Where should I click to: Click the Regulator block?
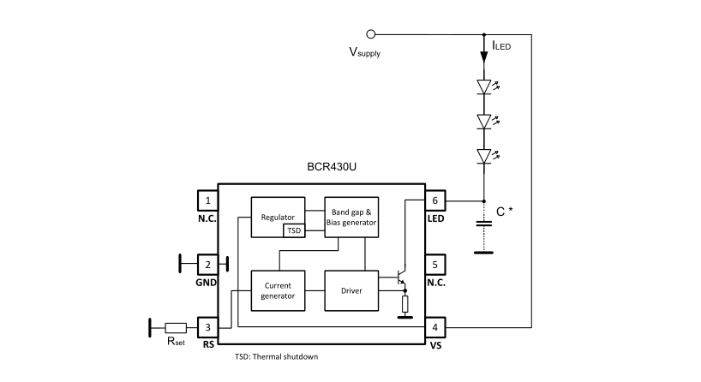point(278,218)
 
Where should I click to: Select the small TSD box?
point(294,230)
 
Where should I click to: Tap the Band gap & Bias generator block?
point(351,218)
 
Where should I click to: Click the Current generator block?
point(278,290)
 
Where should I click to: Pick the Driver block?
point(351,290)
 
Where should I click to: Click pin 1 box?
point(208,200)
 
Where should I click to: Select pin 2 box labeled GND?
point(208,265)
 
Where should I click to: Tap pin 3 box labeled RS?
point(208,327)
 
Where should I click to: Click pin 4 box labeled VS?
point(435,327)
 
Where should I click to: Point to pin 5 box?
point(435,265)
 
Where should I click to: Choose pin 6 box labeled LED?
point(435,200)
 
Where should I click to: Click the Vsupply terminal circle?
point(370,34)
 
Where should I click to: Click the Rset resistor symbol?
point(176,328)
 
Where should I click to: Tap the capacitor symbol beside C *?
point(483,224)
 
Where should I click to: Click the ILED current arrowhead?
point(483,57)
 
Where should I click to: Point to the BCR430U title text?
point(332,167)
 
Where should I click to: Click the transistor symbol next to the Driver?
point(401,277)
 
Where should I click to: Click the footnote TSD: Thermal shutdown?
point(276,356)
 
